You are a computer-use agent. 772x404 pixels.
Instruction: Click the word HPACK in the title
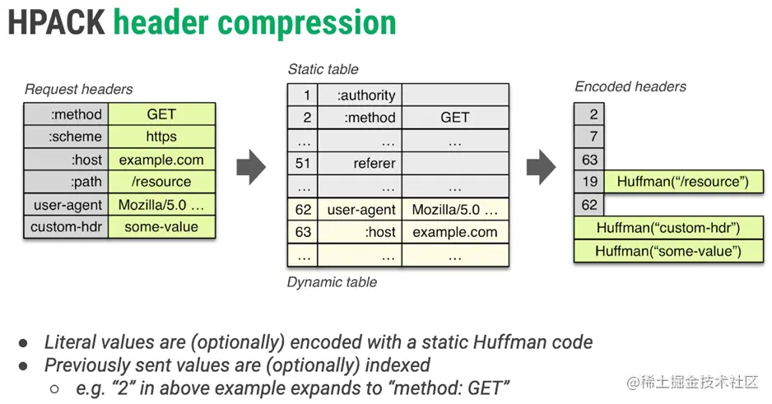(x=56, y=23)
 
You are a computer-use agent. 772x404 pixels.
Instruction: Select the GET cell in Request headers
(x=161, y=114)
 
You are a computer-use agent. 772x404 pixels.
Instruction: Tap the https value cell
(x=161, y=137)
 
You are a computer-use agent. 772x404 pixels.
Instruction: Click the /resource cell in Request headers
(x=161, y=182)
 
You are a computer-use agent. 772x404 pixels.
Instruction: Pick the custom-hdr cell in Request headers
(x=66, y=227)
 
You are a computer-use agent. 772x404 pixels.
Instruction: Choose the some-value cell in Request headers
(x=161, y=227)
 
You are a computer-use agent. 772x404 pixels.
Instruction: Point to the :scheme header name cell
(x=66, y=137)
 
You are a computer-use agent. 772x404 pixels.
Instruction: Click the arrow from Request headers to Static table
(x=251, y=168)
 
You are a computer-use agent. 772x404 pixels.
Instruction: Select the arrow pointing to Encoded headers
(x=541, y=168)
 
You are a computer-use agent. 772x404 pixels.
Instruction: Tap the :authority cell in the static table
(x=360, y=95)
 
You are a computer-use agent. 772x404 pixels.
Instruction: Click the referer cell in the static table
(x=360, y=164)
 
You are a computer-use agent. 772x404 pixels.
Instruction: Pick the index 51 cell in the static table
(x=303, y=164)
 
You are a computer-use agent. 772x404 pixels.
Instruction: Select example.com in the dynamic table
(x=455, y=232)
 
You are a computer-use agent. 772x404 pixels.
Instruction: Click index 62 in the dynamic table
(x=303, y=210)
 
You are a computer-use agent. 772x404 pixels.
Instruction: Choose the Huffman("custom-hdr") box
(x=668, y=228)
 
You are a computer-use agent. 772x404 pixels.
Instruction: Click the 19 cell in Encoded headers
(x=589, y=182)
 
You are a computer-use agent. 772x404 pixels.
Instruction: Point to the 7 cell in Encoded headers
(x=589, y=137)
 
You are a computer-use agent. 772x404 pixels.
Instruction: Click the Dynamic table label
(x=332, y=282)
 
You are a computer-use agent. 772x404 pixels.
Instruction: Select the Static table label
(x=323, y=69)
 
